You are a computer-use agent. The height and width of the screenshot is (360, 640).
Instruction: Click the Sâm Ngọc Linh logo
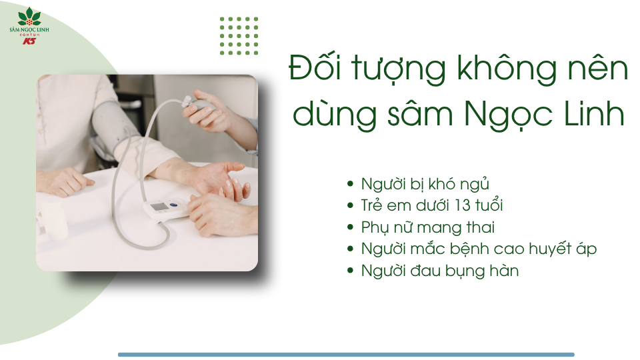[29, 25]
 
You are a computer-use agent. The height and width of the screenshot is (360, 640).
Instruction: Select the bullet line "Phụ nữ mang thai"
[427, 227]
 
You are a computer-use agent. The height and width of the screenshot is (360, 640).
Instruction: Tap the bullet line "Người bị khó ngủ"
[425, 183]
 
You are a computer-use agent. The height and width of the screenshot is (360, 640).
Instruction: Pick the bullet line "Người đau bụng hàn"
[439, 271]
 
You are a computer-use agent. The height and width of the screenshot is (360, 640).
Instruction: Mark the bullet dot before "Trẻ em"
[351, 205]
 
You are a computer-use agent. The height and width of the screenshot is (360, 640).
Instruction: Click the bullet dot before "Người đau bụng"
[351, 271]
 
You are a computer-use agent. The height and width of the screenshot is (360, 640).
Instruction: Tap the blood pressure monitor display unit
[167, 208]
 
